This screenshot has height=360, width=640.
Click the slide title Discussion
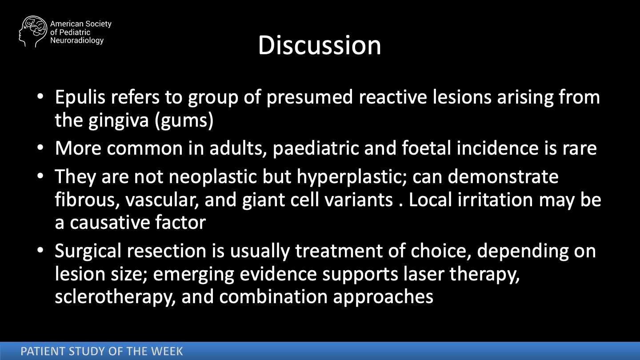320,45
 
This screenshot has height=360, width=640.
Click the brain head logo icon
33,32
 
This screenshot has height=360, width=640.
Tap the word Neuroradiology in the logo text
77,40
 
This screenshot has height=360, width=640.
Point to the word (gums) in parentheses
184,120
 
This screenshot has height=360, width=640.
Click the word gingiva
119,120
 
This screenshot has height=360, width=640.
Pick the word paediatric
316,148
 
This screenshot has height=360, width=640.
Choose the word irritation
495,200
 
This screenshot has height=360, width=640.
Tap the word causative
110,223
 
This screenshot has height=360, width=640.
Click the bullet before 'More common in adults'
40,148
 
